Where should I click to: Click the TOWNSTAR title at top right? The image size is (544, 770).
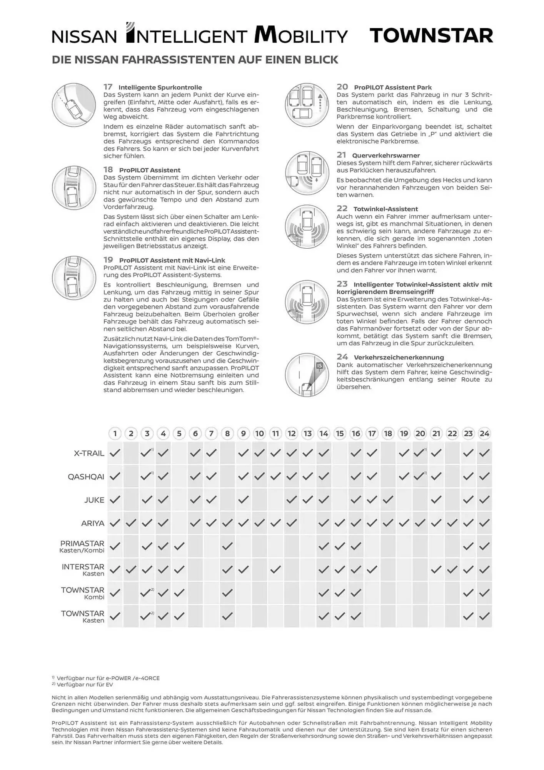(431, 35)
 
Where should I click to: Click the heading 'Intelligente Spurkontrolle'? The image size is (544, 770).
(160, 87)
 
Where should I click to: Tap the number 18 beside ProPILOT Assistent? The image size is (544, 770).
(108, 170)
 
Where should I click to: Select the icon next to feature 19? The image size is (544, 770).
(74, 278)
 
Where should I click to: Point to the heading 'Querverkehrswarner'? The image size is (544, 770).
(386, 156)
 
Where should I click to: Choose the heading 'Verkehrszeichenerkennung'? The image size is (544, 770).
(399, 357)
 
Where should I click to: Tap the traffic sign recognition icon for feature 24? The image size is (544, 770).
(307, 375)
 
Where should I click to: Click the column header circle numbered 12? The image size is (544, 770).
(292, 434)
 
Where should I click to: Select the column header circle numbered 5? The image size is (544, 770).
(179, 434)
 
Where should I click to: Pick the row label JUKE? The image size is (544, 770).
(94, 500)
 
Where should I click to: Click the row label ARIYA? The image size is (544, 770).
(93, 523)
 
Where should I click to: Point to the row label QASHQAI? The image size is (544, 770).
(86, 477)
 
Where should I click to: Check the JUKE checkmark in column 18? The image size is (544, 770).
(388, 500)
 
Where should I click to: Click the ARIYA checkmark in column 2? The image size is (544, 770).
(131, 523)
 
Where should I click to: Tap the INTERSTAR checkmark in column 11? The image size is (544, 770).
(275, 569)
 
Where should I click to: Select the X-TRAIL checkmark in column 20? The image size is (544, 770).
(419, 453)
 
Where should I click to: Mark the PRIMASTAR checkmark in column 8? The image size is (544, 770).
(227, 546)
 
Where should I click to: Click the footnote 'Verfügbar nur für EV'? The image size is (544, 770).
(85, 685)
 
